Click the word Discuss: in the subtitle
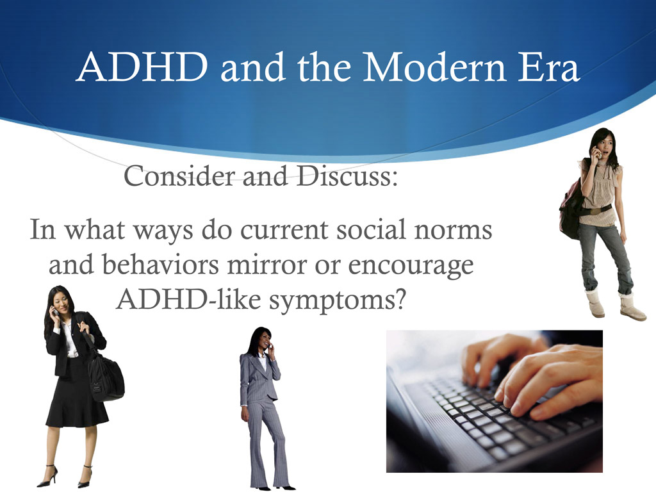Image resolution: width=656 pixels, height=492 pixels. (x=347, y=176)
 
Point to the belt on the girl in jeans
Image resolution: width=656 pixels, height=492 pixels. (x=597, y=209)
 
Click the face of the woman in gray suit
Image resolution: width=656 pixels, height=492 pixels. (x=262, y=340)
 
